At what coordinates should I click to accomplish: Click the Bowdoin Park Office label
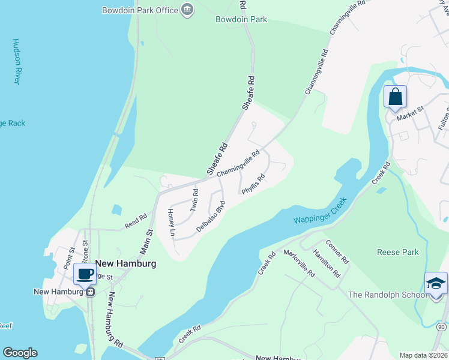[140, 10]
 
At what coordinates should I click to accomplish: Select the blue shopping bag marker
[396, 97]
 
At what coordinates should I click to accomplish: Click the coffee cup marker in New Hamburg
[85, 274]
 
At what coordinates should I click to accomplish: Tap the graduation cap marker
[436, 283]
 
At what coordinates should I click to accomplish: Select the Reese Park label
[397, 252]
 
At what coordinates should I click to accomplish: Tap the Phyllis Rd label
[253, 184]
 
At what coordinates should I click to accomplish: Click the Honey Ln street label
[171, 223]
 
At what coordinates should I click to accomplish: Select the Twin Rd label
[194, 200]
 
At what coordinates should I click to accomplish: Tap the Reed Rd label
[136, 221]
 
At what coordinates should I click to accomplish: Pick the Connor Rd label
[337, 252]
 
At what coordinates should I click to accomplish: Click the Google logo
[20, 353]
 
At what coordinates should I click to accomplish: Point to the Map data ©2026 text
[423, 355]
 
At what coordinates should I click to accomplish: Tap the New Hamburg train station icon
[90, 292]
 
